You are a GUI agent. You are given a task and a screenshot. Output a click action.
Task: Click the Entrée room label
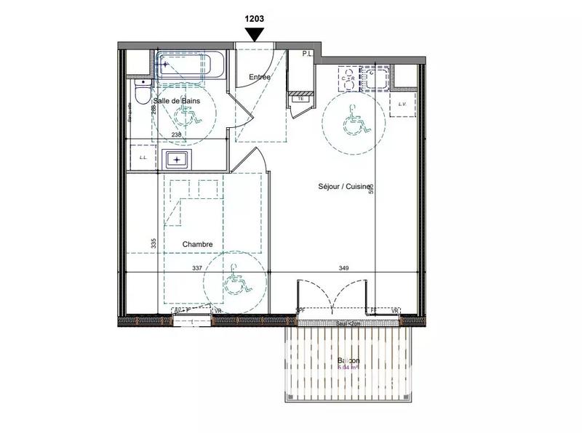(x=260, y=77)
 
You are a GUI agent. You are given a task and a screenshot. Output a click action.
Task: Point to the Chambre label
(x=197, y=245)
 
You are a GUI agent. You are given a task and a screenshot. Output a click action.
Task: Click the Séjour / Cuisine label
(x=344, y=187)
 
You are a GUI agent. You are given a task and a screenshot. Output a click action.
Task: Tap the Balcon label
(x=348, y=361)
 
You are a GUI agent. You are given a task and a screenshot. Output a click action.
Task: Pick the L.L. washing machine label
(x=143, y=158)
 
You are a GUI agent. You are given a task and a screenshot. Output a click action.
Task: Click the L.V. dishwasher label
(x=402, y=104)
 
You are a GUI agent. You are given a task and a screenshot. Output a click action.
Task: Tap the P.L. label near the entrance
(x=308, y=54)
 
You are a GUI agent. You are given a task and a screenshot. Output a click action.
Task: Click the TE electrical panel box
(x=300, y=98)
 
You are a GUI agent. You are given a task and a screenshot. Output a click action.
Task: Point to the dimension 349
(x=343, y=268)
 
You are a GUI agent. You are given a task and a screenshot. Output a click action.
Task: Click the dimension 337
(x=196, y=268)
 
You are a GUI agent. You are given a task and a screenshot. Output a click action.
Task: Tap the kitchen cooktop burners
(x=349, y=77)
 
